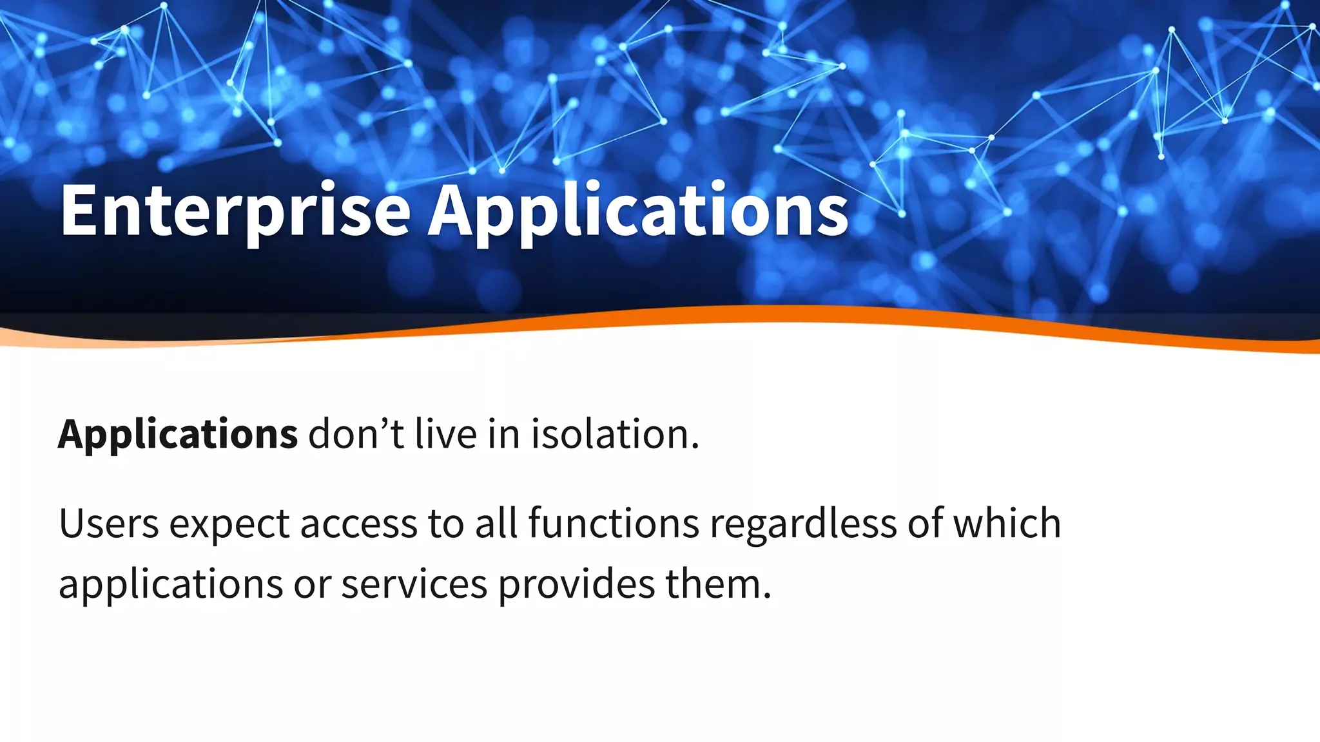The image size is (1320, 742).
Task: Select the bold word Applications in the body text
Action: pos(178,435)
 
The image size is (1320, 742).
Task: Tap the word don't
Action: pos(356,433)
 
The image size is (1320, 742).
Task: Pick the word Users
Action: pos(108,523)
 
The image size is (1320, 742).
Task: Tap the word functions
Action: pos(614,523)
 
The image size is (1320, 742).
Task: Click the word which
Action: pos(1007,523)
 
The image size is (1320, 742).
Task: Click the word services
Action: pos(414,584)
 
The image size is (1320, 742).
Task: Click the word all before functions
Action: pos(496,523)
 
